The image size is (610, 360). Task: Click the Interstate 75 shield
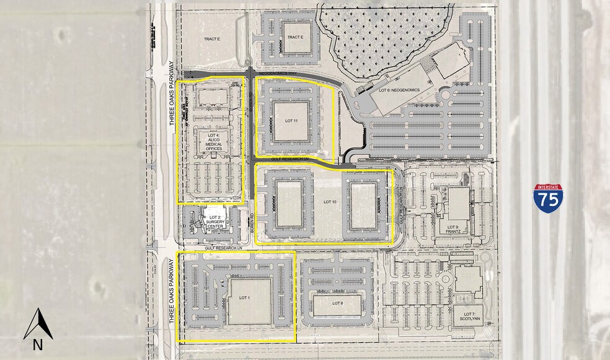(x=548, y=198)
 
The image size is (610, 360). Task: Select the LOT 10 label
(x=329, y=202)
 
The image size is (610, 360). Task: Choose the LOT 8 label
(x=337, y=303)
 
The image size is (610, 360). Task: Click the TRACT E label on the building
(x=295, y=38)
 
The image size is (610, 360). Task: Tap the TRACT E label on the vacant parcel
(x=212, y=39)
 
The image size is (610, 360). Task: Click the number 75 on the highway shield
(x=548, y=201)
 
